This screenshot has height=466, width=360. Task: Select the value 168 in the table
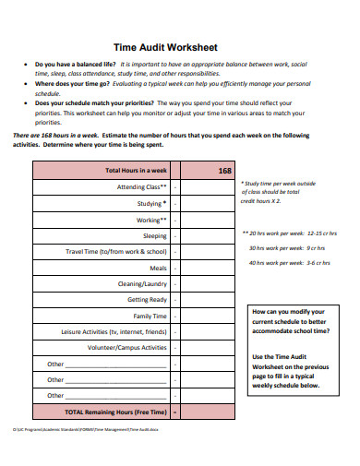click(x=224, y=171)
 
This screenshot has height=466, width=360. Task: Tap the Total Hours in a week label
click(x=136, y=171)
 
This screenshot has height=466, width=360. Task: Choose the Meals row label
click(x=157, y=268)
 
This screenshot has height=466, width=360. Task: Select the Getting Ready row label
click(x=147, y=300)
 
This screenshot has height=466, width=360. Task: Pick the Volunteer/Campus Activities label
click(x=127, y=348)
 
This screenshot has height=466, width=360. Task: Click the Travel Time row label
click(x=116, y=251)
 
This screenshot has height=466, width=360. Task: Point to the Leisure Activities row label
click(x=114, y=331)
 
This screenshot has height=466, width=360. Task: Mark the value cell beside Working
click(x=175, y=220)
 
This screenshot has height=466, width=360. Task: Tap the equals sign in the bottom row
click(x=175, y=412)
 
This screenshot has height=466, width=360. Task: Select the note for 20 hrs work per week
click(x=289, y=233)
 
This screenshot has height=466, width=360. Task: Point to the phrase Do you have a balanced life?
click(x=73, y=65)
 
